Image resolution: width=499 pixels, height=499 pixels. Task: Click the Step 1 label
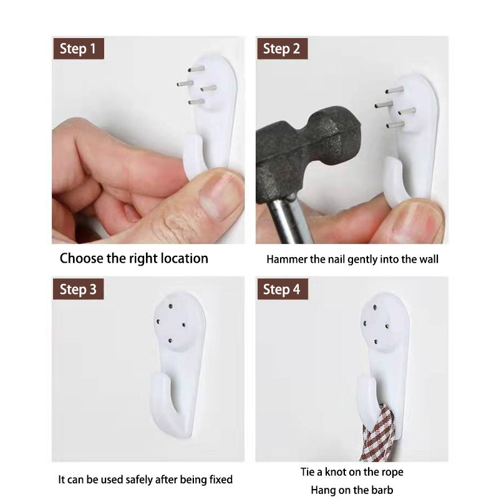tap(79, 49)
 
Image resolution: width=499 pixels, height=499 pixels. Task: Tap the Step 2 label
tap(283, 49)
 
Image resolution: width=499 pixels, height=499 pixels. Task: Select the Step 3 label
tap(79, 289)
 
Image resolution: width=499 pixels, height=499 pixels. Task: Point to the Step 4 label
tap(283, 289)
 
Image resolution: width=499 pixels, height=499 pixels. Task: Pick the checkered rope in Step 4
tap(379, 434)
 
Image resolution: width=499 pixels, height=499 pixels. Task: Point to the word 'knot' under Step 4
tap(336, 472)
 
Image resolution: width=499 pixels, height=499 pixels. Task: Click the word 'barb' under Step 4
tap(382, 490)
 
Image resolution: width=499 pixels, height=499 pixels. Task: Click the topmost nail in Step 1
tap(196, 69)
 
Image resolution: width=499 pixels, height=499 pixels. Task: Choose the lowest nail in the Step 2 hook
tap(395, 124)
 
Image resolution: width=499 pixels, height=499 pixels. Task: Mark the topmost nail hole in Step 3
tap(170, 306)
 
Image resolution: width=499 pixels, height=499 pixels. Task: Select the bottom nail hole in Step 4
tap(376, 342)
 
